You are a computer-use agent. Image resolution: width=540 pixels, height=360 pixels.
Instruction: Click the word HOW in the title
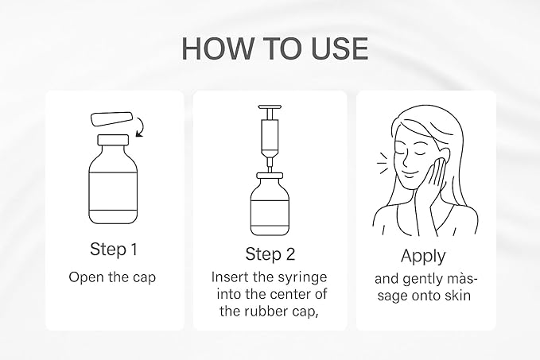(x=217, y=48)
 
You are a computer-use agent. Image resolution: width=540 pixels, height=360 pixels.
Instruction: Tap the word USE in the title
(x=340, y=48)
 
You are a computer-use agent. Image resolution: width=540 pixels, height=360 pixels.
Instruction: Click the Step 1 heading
(x=114, y=249)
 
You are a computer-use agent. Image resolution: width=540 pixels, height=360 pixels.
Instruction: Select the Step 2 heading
(x=270, y=254)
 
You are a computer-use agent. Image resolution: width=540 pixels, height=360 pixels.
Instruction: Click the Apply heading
(x=423, y=257)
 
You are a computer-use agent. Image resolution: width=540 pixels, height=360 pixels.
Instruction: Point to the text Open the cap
(x=112, y=277)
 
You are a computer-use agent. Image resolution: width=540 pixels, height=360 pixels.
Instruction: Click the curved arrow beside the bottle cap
(x=141, y=127)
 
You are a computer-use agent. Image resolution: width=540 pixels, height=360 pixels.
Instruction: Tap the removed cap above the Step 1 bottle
(x=111, y=119)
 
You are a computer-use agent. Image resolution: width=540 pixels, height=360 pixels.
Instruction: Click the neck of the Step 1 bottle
(x=113, y=140)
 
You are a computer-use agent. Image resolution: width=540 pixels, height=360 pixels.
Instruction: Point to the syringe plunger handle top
(x=270, y=108)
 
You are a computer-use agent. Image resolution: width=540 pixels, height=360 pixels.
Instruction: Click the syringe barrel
(x=270, y=137)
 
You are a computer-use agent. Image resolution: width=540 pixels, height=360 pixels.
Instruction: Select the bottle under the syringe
(x=270, y=204)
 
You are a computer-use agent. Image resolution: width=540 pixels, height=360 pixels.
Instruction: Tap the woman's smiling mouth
(x=410, y=174)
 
